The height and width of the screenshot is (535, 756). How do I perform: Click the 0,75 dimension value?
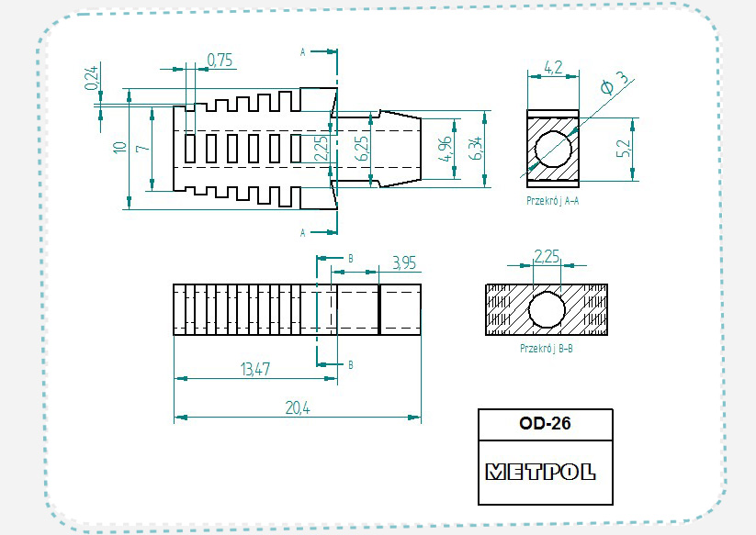point(220,61)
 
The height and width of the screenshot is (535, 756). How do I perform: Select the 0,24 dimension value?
point(92,77)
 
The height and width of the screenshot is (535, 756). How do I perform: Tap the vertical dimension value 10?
point(119,147)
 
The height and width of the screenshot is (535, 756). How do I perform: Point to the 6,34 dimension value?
point(475,148)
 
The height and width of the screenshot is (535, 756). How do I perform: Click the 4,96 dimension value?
point(445,149)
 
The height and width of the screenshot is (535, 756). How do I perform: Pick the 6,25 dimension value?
point(362,149)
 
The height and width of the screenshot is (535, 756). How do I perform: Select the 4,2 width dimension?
point(553,67)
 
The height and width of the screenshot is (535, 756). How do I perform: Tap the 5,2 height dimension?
point(624,148)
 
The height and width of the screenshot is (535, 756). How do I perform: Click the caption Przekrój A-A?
point(553,201)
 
